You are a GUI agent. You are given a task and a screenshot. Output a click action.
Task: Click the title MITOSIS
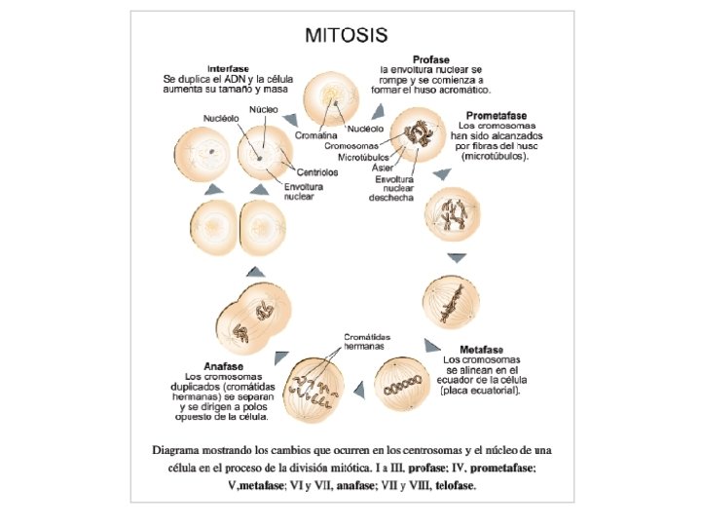tap(347, 35)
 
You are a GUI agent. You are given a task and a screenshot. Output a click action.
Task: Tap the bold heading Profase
tap(431, 59)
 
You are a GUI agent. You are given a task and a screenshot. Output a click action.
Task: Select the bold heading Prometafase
tap(498, 115)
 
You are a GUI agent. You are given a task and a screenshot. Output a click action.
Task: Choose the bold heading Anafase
tap(212, 366)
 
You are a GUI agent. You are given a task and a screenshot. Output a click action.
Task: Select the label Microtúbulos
tap(364, 156)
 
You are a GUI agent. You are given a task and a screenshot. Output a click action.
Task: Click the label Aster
tap(383, 167)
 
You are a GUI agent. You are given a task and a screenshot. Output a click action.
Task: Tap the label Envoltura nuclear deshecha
tap(391, 188)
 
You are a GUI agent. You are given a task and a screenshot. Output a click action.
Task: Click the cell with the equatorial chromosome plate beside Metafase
tap(403, 387)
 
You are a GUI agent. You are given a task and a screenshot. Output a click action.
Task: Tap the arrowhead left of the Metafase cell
tap(359, 390)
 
